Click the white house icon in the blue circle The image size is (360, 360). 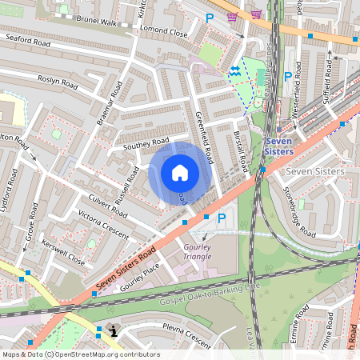click(x=180, y=172)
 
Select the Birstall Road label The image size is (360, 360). click(x=239, y=150)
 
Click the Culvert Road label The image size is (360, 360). click(x=107, y=206)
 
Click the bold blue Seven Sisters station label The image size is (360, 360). click(x=278, y=146)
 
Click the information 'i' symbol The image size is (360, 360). click(x=114, y=330)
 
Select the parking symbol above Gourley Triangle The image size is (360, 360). click(x=222, y=217)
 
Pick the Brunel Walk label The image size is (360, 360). click(x=97, y=23)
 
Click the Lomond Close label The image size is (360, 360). click(x=163, y=34)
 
